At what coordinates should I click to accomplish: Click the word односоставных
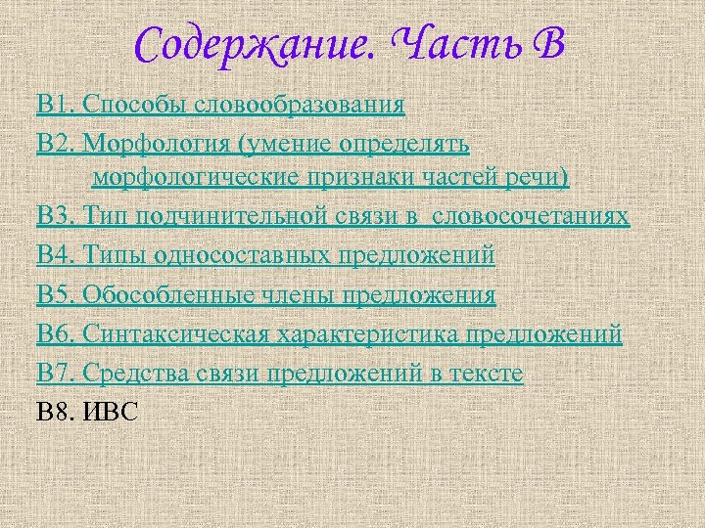249,256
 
